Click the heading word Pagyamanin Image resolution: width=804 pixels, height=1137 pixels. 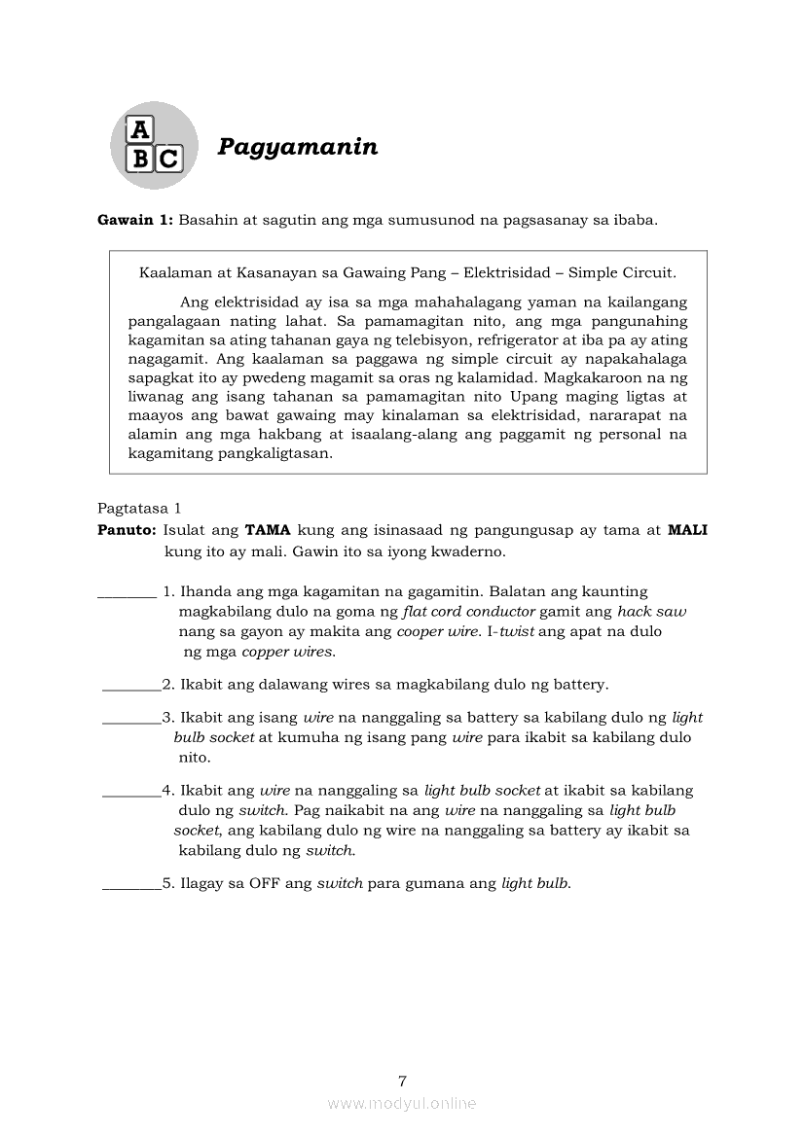click(297, 148)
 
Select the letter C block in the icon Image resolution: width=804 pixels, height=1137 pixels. click(168, 159)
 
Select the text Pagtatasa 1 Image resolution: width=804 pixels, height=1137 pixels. click(139, 508)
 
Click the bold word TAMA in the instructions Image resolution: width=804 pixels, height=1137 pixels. click(268, 530)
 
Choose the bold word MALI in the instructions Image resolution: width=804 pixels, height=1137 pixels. click(687, 530)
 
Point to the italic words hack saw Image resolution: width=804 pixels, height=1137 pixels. click(651, 612)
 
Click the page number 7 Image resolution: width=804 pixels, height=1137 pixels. click(402, 1081)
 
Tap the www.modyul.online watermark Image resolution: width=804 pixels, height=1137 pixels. click(402, 1104)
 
